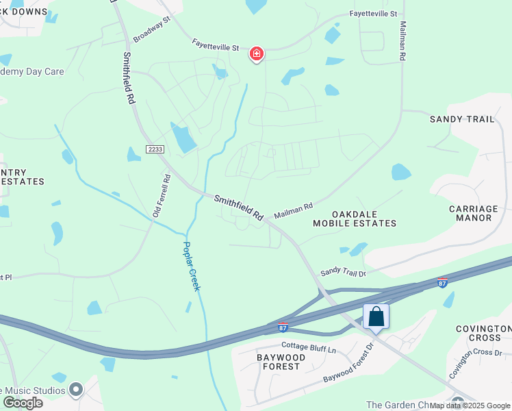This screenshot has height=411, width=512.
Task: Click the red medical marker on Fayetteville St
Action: (257, 53)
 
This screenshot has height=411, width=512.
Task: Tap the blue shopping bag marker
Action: (376, 316)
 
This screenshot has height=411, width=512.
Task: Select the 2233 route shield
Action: (154, 149)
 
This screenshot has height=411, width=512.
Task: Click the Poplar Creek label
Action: (192, 266)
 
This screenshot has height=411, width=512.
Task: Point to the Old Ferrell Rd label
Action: (161, 196)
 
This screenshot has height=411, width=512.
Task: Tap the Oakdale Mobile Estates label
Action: (355, 219)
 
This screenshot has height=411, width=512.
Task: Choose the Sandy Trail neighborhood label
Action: (461, 119)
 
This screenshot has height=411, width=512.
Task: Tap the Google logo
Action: (22, 403)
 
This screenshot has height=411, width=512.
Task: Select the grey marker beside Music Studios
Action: (76, 389)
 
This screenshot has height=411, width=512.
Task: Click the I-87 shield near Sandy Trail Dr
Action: (443, 282)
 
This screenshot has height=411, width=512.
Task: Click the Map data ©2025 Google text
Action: (470, 406)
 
